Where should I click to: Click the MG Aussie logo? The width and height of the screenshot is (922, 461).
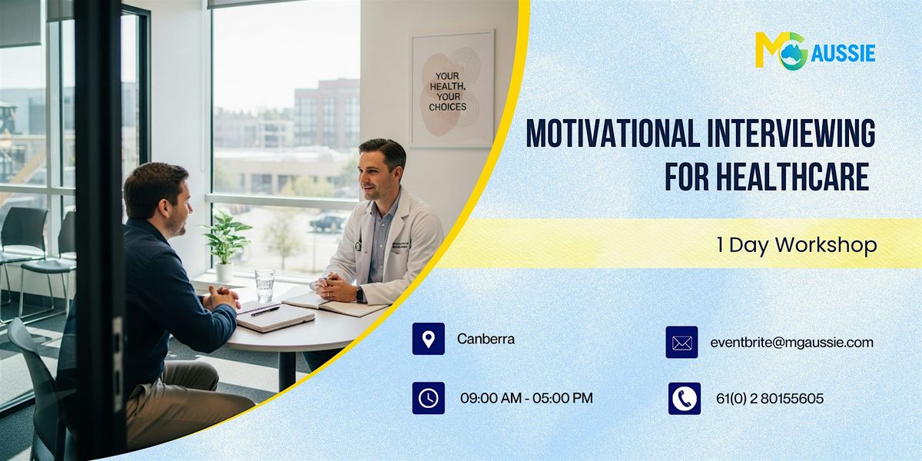click(x=814, y=51)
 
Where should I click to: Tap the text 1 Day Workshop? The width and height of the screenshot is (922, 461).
click(x=796, y=245)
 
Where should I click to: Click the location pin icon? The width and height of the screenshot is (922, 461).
click(x=428, y=339)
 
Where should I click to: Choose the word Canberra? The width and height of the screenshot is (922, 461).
click(x=486, y=339)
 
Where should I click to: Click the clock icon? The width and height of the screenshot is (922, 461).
click(x=428, y=398)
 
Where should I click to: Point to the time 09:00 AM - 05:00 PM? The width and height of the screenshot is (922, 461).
click(x=526, y=398)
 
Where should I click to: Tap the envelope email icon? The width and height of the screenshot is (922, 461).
click(x=682, y=343)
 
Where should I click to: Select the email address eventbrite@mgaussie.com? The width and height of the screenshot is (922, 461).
click(x=791, y=343)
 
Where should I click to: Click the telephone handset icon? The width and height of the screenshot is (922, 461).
click(x=684, y=398)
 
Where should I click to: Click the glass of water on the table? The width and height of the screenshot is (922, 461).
click(x=264, y=284)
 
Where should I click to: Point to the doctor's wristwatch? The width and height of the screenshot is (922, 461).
click(x=360, y=294)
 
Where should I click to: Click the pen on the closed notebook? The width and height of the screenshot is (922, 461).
click(x=264, y=311)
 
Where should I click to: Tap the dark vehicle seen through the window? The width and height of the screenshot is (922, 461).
click(x=327, y=222)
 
